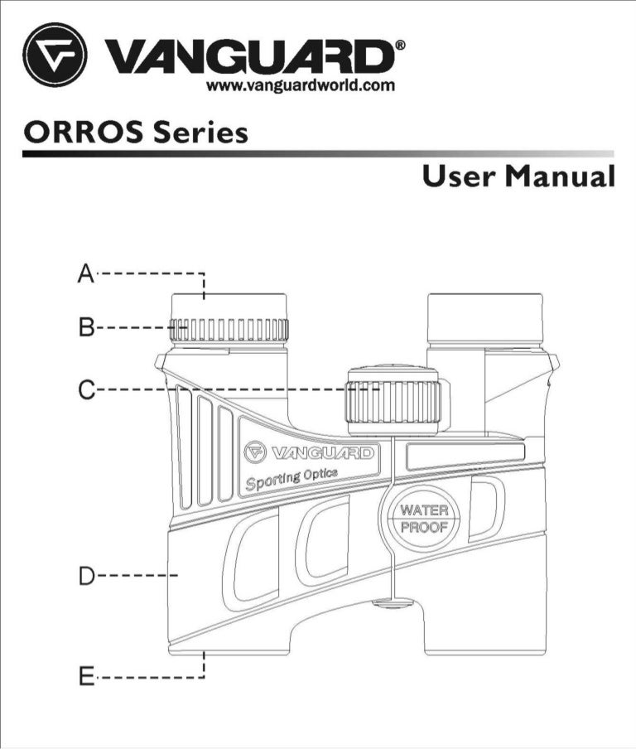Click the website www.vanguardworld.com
(300, 85)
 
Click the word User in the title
(460, 176)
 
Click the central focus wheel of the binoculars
(393, 399)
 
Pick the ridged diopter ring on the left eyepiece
(229, 331)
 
